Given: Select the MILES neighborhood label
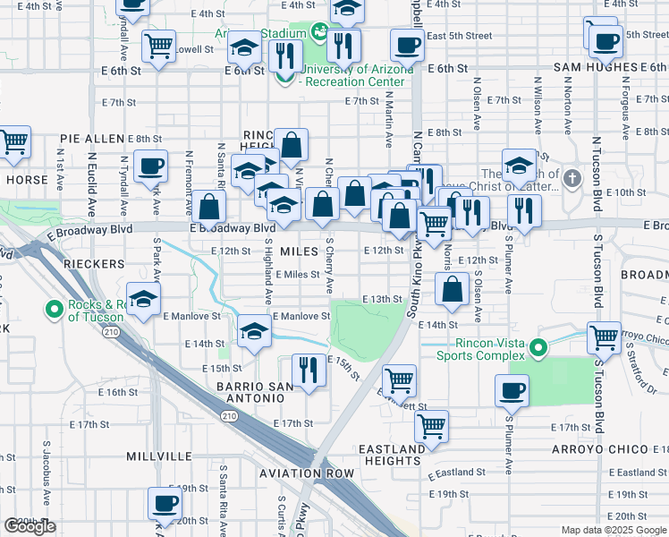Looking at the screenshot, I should [299, 251].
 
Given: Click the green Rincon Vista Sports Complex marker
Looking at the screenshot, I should [538, 347].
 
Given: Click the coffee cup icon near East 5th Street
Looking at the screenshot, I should [407, 44].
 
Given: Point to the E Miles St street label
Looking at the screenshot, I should [297, 275].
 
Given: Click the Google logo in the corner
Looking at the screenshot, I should [30, 526].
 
